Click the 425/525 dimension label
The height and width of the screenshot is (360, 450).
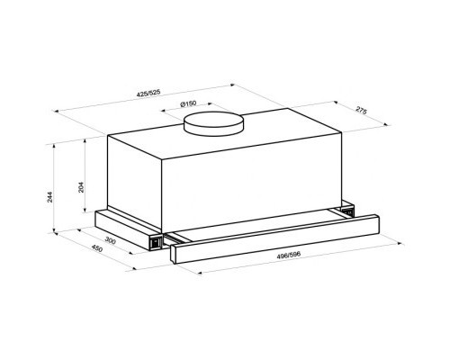coord(148,93)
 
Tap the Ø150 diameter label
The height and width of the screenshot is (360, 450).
coord(188,104)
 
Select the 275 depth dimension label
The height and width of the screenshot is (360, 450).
coord(361,110)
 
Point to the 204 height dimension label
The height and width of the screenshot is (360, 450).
coord(81,187)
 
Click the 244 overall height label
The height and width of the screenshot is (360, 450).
coord(49,197)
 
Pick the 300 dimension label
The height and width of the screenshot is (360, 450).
coord(111,240)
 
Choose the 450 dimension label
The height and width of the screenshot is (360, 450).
coord(97,248)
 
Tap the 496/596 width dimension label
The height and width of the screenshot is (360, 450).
coord(289,256)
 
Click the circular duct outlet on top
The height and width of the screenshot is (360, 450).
coord(213,124)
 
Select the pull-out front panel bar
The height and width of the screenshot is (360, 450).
coord(274,239)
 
